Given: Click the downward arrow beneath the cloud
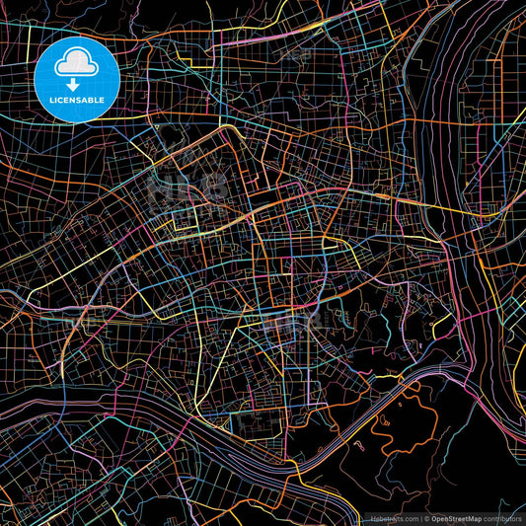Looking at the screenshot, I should click(72, 84).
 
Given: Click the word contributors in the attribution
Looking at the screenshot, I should click(502, 518).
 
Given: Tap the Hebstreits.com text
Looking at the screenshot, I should click(392, 518).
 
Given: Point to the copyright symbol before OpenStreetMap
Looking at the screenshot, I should click(425, 518).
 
